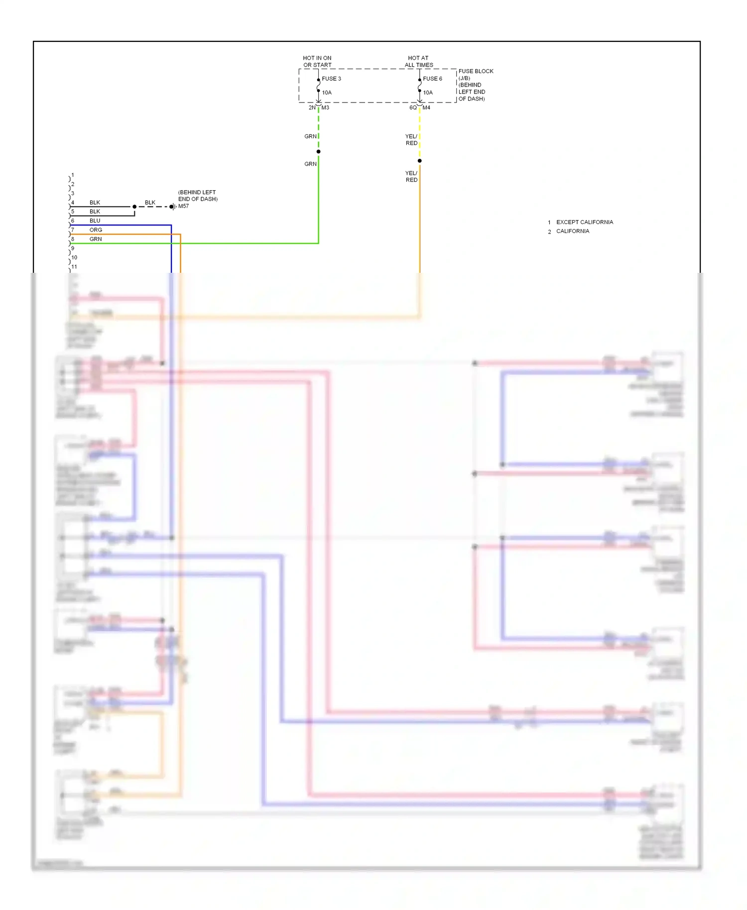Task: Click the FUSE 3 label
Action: point(331,79)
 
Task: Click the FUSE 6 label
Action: point(432,79)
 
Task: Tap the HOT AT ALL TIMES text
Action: point(418,61)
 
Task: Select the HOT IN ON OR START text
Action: point(317,61)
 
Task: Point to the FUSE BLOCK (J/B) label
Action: point(476,74)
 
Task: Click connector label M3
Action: point(325,108)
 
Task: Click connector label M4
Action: point(426,108)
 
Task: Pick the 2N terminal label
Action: point(312,108)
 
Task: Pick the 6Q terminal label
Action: point(413,108)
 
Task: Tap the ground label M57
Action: point(184,206)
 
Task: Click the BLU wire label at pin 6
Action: point(95,221)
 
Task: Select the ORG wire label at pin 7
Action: point(96,230)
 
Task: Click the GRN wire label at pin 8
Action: point(96,239)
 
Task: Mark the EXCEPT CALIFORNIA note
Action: point(584,222)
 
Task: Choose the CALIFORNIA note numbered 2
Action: point(572,231)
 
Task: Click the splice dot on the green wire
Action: point(318,151)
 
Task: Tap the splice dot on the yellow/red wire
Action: point(419,161)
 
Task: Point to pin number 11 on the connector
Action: point(74,267)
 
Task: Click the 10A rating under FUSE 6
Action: point(428,93)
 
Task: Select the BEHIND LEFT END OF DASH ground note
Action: point(198,196)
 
